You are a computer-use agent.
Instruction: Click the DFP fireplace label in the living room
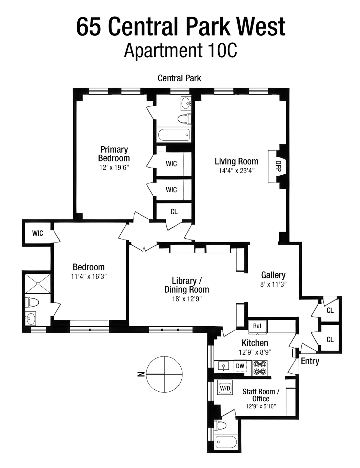click(x=278, y=166)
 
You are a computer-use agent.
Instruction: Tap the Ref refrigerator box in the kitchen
click(x=257, y=326)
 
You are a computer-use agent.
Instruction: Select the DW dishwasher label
click(x=240, y=366)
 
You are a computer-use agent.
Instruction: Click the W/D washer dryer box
click(x=225, y=388)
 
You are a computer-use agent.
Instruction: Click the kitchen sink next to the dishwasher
click(x=223, y=366)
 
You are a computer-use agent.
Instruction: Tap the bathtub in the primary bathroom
click(x=173, y=135)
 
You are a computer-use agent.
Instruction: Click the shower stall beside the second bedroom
click(x=38, y=284)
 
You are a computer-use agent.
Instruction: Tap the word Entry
click(x=310, y=361)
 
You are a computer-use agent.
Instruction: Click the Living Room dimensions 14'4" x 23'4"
click(x=236, y=170)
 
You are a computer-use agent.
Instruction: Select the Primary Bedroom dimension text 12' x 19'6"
click(x=114, y=167)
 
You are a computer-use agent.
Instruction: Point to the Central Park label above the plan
click(x=179, y=78)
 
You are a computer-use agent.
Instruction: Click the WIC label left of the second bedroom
click(x=38, y=233)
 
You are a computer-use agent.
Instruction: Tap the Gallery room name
click(x=273, y=275)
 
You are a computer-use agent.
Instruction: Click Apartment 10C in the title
click(x=180, y=51)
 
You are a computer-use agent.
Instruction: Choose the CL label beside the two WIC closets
click(x=174, y=212)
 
